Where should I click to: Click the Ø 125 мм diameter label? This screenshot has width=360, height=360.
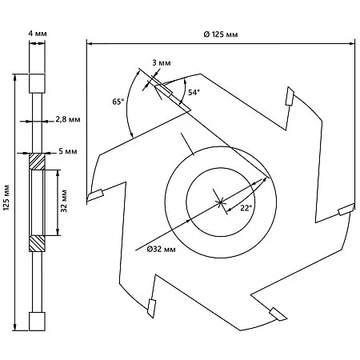221,34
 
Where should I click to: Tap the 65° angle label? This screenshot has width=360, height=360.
118,102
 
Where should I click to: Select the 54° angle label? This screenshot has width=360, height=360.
194,93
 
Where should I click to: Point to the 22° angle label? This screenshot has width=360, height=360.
246,208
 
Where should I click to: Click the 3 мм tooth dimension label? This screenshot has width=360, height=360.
162,63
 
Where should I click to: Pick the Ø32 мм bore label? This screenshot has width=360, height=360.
162,250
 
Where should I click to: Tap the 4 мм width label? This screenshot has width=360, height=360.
38,34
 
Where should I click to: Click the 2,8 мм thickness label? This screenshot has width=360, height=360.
68,119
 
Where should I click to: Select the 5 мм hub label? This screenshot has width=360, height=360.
68,151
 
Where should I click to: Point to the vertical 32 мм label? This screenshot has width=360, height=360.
64,201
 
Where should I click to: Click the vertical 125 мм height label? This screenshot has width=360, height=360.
6,198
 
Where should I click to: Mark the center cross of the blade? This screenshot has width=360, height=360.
220,202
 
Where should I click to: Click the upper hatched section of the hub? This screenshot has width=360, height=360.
37,162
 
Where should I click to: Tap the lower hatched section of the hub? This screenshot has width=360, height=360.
37,243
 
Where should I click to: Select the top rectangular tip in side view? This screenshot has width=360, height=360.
37,83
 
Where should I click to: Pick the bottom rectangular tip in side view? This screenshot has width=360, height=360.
37,322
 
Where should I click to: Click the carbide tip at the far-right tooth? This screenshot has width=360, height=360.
346,209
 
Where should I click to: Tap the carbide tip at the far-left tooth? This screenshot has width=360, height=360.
95,195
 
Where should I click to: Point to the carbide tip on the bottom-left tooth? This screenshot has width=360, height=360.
151,309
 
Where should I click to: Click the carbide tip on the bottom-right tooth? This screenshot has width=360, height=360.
278,314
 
